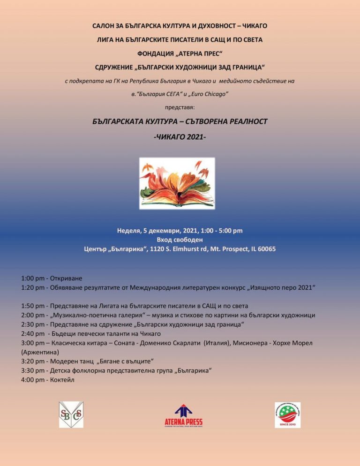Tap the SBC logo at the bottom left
point(71,414)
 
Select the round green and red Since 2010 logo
point(287,414)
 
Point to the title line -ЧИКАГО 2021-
point(180,139)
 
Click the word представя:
point(180,107)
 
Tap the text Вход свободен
point(180,240)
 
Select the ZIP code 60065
point(266,249)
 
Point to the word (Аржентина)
point(40,352)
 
